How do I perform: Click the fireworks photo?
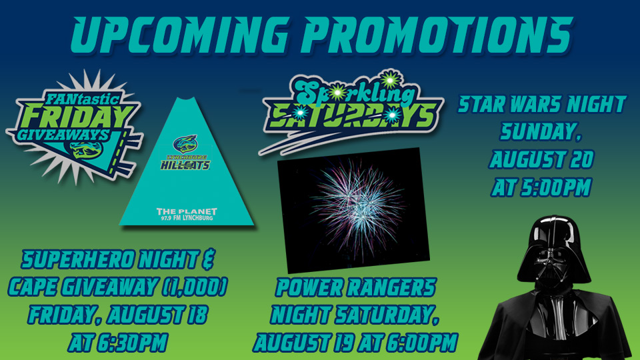[353, 210]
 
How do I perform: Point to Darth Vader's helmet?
[553, 253]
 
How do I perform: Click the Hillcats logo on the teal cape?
[186, 153]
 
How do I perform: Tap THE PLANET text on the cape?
[187, 211]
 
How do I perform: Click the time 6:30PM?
[131, 343]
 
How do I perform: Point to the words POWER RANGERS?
[356, 288]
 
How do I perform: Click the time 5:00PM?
[557, 188]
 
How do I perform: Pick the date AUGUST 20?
[541, 160]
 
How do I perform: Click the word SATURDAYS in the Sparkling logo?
[352, 117]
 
